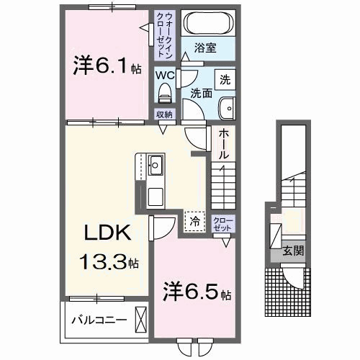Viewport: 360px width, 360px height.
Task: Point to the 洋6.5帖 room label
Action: coord(195,295)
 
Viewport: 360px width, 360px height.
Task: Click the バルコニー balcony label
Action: coord(99,318)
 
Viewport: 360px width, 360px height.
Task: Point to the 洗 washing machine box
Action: coord(225,78)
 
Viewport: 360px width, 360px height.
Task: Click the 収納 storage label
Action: coord(164,114)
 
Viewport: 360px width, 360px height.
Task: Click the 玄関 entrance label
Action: coord(292,251)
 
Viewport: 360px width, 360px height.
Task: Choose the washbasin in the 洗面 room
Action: coord(226,107)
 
